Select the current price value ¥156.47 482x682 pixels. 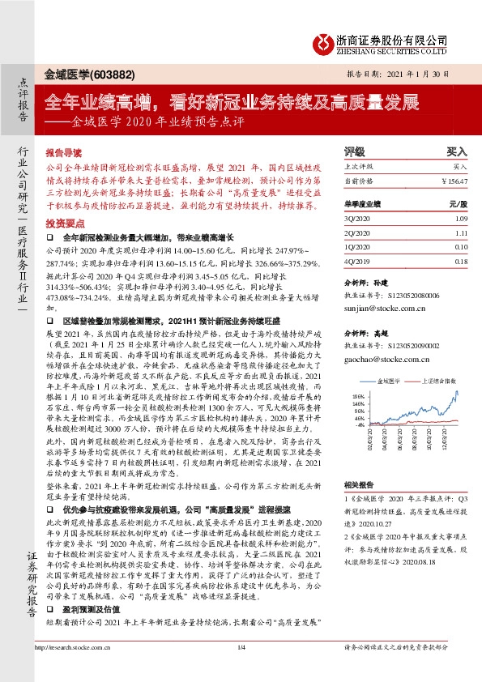point(455,181)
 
